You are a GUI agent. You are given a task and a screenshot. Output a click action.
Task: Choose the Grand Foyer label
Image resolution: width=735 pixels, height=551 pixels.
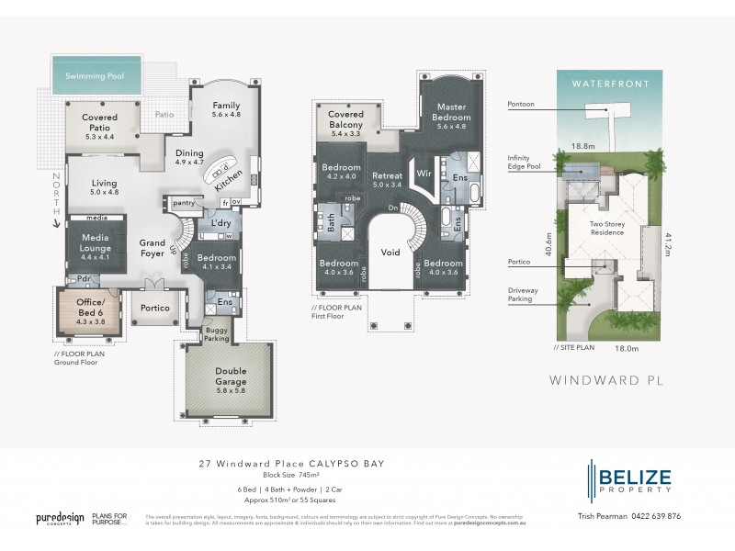click(x=152, y=249)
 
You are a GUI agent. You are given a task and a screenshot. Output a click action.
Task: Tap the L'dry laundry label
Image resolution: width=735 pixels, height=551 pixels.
click(x=220, y=223)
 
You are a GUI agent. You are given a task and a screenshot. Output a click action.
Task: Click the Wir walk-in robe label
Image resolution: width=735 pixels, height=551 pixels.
click(x=424, y=172)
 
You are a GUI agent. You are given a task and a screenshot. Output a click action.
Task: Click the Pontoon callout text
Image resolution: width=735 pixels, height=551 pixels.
click(x=520, y=105)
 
